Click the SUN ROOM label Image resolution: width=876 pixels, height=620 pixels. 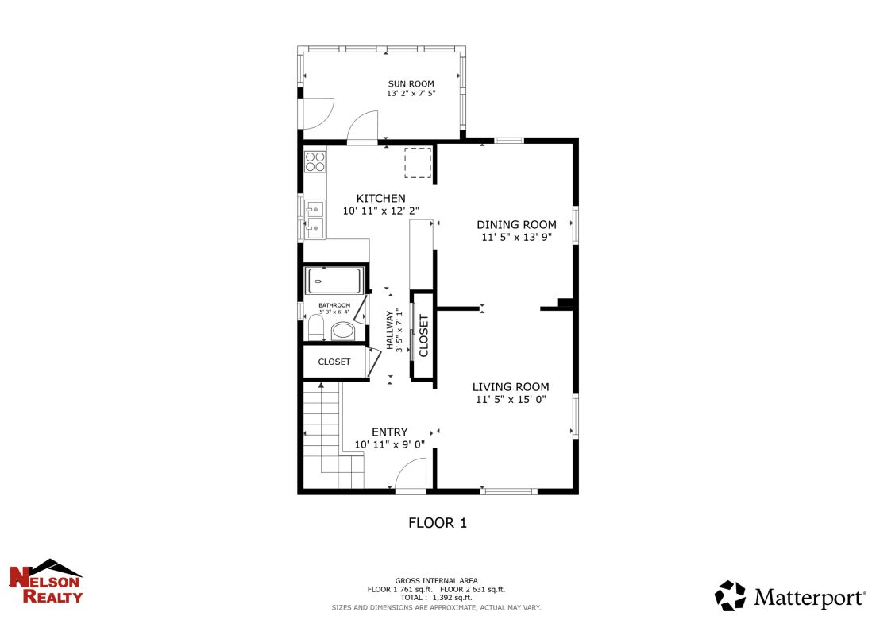pos(411,83)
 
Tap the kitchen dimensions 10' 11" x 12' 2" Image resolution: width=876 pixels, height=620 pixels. pos(380,211)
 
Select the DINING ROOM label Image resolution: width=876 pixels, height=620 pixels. pos(516,225)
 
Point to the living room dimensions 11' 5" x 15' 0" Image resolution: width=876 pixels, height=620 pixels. pos(511,400)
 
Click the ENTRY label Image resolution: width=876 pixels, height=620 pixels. pos(389,432)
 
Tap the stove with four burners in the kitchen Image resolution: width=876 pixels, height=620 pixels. pos(315,161)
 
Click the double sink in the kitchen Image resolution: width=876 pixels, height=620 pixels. pos(315,219)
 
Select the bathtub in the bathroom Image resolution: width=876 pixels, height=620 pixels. pos(334,281)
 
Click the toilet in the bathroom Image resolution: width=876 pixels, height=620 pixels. pos(315,327)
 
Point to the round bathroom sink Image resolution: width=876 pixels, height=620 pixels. pos(343,331)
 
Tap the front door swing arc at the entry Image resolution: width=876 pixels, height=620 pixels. pos(411,477)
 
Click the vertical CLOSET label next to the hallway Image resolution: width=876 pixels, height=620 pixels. pos(423,335)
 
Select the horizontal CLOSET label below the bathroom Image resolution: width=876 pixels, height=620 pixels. pos(334,362)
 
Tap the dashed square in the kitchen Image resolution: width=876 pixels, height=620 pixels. pos(418,163)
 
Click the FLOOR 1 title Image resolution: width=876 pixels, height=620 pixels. pos(438,523)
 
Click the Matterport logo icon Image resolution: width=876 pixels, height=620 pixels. pos(730,595)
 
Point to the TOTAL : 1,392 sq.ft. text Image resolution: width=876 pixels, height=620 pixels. pos(436,597)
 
